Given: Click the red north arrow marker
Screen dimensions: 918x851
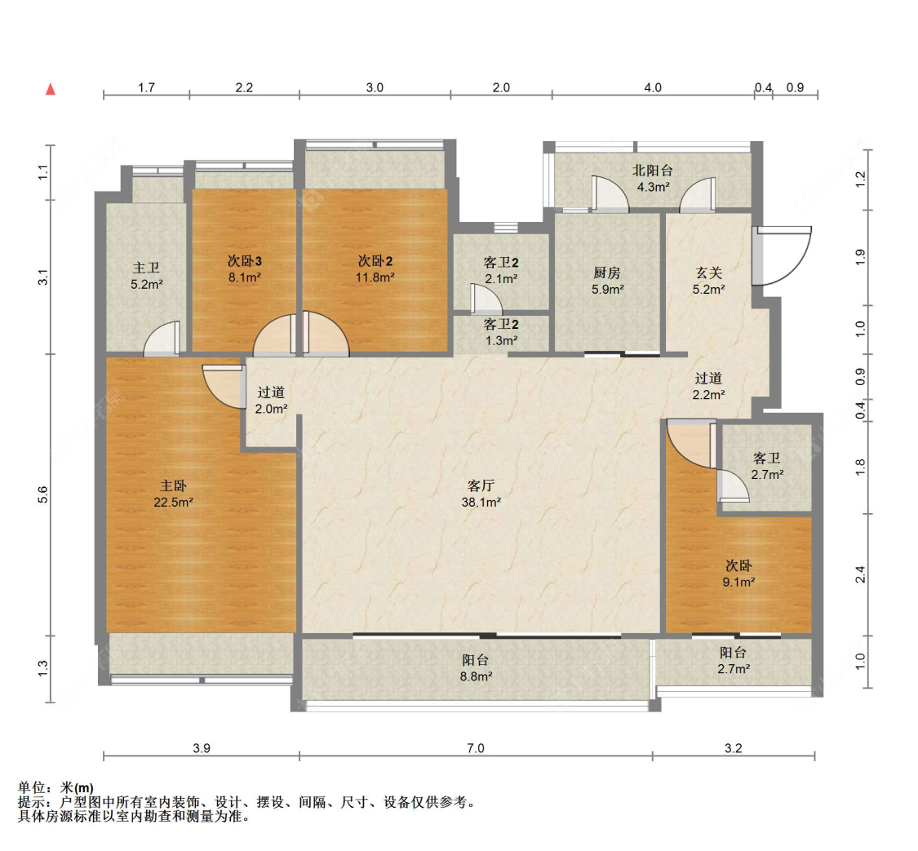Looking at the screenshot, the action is pyautogui.click(x=51, y=89).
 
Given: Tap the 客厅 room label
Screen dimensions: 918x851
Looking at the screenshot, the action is pyautogui.click(x=481, y=485).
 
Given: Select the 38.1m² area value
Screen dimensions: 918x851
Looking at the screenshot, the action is pyautogui.click(x=481, y=502).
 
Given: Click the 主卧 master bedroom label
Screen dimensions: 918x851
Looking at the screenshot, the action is pyautogui.click(x=173, y=485).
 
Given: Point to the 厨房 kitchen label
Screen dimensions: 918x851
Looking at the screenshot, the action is pyautogui.click(x=607, y=273).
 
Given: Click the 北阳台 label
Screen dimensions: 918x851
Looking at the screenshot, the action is pyautogui.click(x=653, y=171).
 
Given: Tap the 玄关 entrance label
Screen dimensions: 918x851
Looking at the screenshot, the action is pyautogui.click(x=709, y=273).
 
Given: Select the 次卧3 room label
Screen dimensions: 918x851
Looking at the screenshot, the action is pyautogui.click(x=245, y=261).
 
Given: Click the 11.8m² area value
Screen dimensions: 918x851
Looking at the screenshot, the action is pyautogui.click(x=375, y=277).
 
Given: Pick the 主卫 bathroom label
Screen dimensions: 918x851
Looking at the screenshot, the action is pyautogui.click(x=146, y=268).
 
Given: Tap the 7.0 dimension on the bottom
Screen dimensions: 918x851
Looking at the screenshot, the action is pyautogui.click(x=476, y=748).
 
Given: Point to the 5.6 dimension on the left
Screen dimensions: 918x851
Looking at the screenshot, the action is pyautogui.click(x=42, y=495).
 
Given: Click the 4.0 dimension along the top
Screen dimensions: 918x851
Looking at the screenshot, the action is pyautogui.click(x=653, y=88).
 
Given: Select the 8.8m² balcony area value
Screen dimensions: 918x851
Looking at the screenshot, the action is pyautogui.click(x=476, y=676).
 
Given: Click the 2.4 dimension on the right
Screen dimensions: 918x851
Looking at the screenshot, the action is pyautogui.click(x=860, y=574).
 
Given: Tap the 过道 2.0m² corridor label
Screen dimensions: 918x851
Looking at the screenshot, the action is pyautogui.click(x=271, y=401).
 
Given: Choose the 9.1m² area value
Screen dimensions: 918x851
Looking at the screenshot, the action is pyautogui.click(x=738, y=583).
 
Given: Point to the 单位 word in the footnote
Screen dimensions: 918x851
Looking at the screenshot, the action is pyautogui.click(x=32, y=788).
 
